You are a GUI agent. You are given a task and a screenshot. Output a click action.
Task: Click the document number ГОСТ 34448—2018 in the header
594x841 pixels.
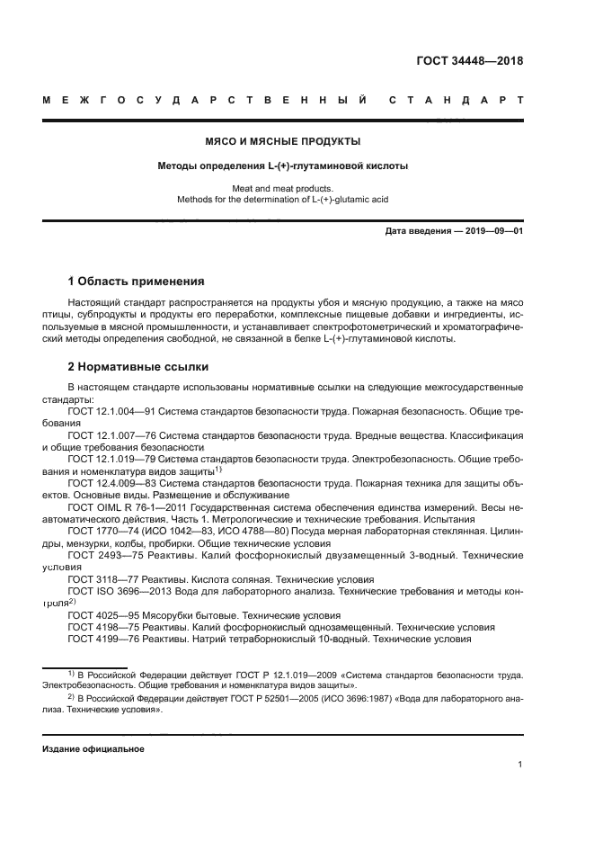coord(470,62)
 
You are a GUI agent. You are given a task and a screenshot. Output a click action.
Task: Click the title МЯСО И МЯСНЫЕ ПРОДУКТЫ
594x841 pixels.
coord(283,142)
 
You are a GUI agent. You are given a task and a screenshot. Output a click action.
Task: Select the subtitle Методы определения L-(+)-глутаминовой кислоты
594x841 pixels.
coord(283,166)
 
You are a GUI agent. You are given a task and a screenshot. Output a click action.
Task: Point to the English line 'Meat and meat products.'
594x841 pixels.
coord(283,189)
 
